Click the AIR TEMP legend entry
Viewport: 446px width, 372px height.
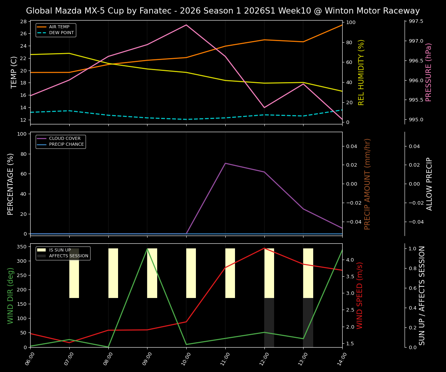(59, 27)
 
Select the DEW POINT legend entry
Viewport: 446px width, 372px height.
(61, 33)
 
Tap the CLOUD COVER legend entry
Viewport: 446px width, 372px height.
(65, 139)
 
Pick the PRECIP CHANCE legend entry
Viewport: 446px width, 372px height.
(66, 145)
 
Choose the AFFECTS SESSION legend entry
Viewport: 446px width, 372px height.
(69, 256)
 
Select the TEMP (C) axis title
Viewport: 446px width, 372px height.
(14, 72)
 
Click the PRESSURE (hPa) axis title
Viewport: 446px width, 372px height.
(429, 72)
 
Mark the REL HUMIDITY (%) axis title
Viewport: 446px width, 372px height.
(362, 72)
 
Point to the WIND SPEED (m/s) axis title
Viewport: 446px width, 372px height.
(360, 295)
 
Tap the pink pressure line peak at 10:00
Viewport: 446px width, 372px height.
(186, 25)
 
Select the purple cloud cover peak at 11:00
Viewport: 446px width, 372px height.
(225, 163)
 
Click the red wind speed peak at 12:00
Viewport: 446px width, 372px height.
(264, 248)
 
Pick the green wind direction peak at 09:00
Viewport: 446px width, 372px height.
(147, 249)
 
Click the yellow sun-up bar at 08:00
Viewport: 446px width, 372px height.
(113, 273)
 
